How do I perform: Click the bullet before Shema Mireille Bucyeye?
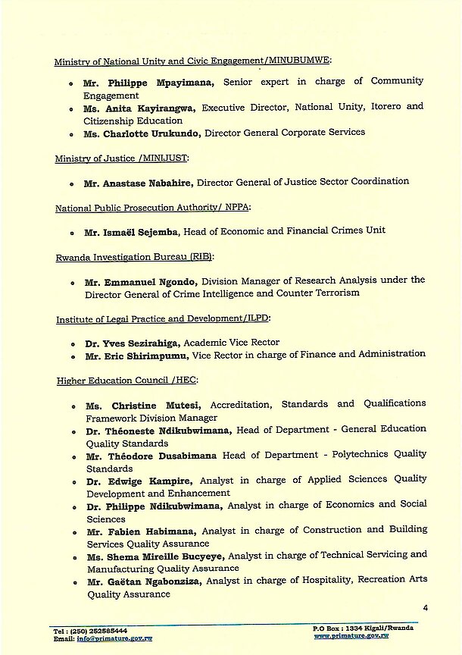pos(71,556)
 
